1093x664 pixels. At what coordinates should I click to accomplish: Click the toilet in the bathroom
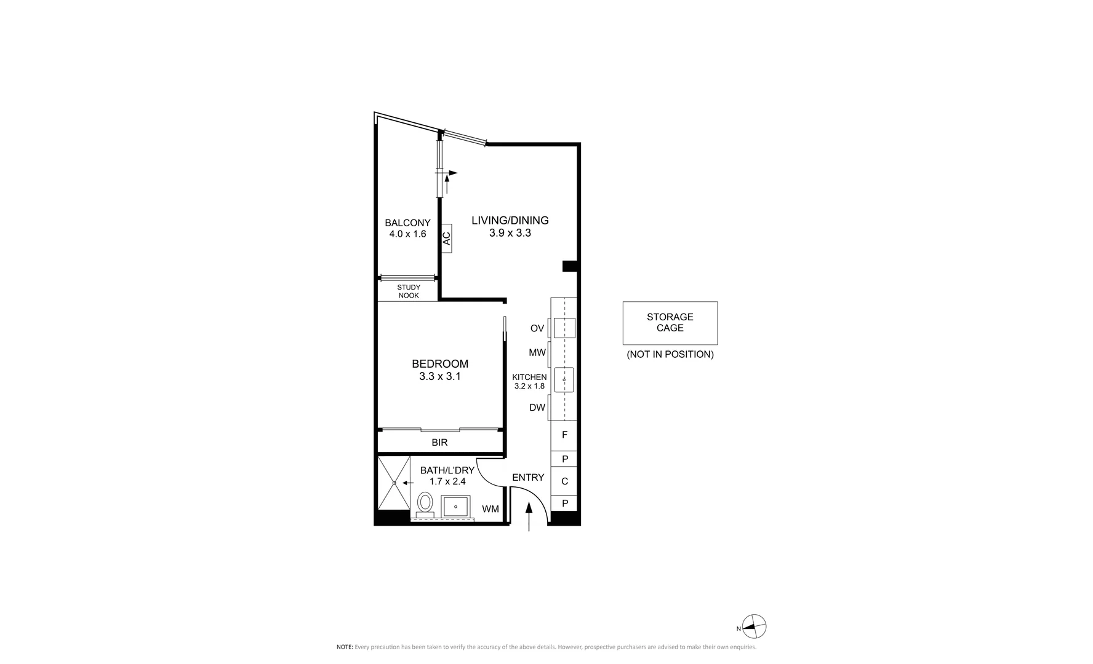point(425,505)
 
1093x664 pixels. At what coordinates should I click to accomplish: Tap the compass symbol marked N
point(755,628)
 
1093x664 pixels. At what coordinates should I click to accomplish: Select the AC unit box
point(447,238)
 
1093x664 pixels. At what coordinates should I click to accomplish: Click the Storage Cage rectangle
point(670,323)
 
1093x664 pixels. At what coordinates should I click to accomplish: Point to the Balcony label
point(407,223)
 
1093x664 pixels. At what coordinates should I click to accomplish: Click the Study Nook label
point(409,291)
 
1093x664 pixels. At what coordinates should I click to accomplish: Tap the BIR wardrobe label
point(439,443)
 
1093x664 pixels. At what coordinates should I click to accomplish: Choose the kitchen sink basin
point(564,380)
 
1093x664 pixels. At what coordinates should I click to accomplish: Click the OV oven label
point(537,328)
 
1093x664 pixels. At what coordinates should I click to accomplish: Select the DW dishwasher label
point(537,407)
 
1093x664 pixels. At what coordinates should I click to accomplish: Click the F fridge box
point(564,435)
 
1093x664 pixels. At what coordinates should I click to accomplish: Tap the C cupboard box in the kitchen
point(564,481)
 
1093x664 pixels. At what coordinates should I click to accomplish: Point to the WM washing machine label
point(490,509)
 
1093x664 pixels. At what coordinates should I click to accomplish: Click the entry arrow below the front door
point(529,516)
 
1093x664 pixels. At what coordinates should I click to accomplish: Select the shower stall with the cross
point(393,483)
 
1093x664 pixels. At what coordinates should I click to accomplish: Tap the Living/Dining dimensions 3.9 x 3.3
point(510,233)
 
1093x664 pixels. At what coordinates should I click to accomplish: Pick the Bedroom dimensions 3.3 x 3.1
point(440,377)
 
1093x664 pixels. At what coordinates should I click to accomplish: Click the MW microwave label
point(537,353)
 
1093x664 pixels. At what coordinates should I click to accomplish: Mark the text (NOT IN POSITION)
point(670,354)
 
